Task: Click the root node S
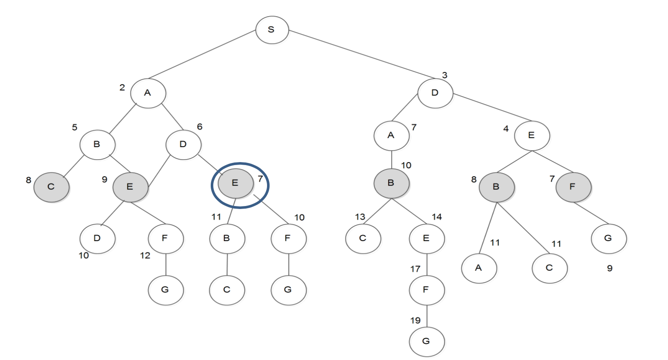tap(272, 30)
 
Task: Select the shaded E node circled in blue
tap(235, 183)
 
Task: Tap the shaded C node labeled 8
tap(51, 187)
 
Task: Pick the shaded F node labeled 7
tap(573, 187)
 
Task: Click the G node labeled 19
tap(427, 341)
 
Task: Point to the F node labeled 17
tap(427, 290)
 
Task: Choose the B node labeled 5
tap(97, 145)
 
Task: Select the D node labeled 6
tap(183, 145)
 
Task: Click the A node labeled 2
tap(148, 93)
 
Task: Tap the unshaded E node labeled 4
tap(532, 136)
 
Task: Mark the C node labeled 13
tap(363, 238)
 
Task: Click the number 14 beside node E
tap(437, 217)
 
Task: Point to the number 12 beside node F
tap(145, 255)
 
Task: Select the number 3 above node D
tap(444, 75)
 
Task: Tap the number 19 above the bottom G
tap(415, 320)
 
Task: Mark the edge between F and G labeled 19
tap(427, 316)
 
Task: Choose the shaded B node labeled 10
tap(391, 183)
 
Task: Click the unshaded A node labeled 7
tap(391, 136)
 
